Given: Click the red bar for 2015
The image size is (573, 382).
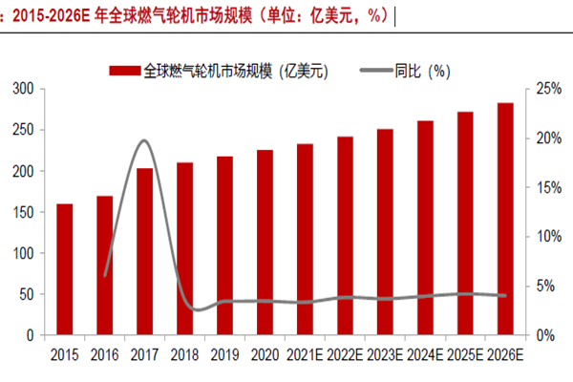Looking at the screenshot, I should pyautogui.click(x=64, y=269).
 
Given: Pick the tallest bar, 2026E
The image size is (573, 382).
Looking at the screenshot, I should pyautogui.click(x=505, y=219).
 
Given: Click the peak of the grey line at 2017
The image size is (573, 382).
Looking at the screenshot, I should pyautogui.click(x=143, y=140).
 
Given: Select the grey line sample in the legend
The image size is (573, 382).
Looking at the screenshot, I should pyautogui.click(x=379, y=70).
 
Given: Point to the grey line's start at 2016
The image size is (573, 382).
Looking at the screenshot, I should pyautogui.click(x=105, y=275).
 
